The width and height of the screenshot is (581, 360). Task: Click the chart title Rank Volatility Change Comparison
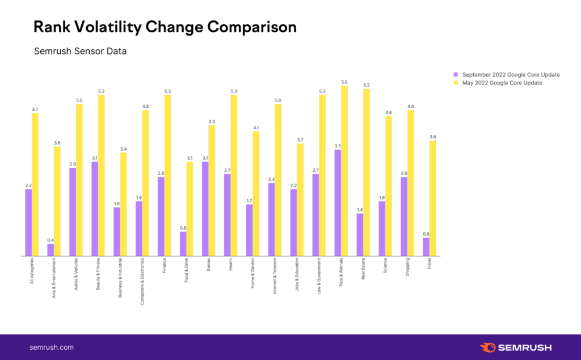pos(165,27)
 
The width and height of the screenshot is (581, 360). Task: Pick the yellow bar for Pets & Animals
pos(344,171)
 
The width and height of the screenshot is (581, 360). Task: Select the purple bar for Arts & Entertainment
pos(50,249)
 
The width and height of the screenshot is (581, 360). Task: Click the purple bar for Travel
pos(426,247)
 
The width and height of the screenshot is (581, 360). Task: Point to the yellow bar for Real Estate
pos(366,172)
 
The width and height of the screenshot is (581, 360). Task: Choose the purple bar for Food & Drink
pos(183,243)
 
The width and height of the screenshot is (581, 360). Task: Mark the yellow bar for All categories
pos(35,184)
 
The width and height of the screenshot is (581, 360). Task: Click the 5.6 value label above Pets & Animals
pos(344,82)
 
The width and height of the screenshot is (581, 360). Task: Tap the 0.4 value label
pos(50,240)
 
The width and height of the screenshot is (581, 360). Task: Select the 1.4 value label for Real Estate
pos(359,209)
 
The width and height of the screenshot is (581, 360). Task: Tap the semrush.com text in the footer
pos(52,347)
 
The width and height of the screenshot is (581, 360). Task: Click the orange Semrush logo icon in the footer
pos(488,347)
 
